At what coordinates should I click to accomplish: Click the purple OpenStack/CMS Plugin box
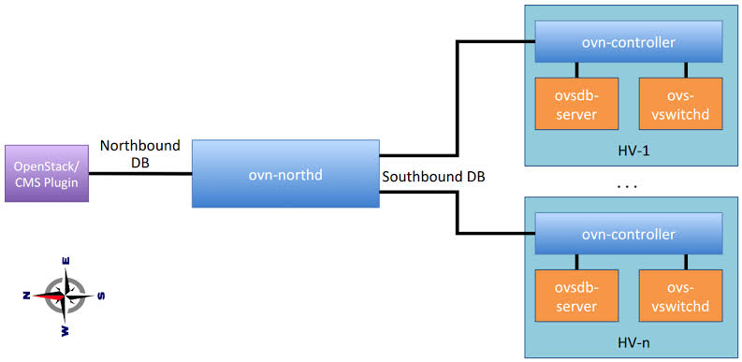point(47,174)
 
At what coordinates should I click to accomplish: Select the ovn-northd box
point(285,174)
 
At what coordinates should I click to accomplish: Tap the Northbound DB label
point(140,153)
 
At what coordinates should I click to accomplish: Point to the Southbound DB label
point(433,178)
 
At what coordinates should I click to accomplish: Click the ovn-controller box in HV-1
point(629,42)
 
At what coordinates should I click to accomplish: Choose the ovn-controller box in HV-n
point(629,234)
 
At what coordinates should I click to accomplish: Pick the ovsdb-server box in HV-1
point(576,104)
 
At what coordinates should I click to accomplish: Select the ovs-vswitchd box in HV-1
point(680,104)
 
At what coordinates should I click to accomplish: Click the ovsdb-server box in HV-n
point(576,296)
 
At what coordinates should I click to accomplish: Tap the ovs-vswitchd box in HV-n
point(680,296)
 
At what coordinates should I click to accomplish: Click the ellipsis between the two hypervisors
point(628,187)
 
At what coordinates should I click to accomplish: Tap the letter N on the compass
point(26,296)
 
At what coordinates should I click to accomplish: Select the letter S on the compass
point(100,297)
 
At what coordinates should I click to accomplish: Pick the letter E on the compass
point(66,260)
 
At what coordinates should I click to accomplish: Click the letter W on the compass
point(65,331)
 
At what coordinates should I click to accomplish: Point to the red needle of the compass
point(49,296)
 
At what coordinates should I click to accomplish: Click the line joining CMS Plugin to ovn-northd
point(140,174)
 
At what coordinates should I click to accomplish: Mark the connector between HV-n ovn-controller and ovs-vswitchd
point(685,262)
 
